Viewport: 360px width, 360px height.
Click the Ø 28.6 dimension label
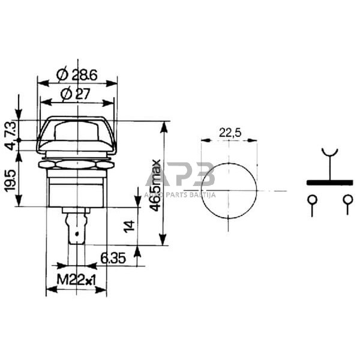(x=77, y=75)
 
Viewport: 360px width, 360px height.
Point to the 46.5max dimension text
(x=155, y=184)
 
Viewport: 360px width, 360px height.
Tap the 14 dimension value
(x=127, y=226)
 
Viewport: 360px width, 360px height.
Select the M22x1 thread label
(x=76, y=279)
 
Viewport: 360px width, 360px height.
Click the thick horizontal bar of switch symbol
(x=329, y=182)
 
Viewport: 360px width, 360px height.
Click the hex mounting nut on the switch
(x=76, y=163)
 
